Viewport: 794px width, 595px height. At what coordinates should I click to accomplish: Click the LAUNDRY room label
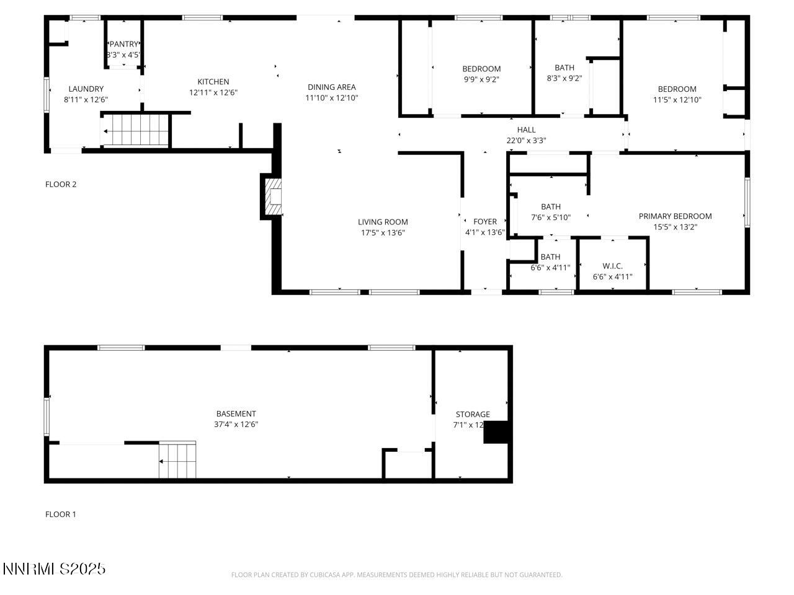coord(86,89)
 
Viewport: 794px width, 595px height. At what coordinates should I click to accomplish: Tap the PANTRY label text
coord(124,44)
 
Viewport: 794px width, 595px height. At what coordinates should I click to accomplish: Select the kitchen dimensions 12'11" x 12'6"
coord(213,92)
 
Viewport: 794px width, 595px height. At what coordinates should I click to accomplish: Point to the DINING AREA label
coord(331,87)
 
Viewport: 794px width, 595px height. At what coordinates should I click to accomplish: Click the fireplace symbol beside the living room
coord(273,196)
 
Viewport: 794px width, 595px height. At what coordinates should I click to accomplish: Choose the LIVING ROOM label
coord(383,222)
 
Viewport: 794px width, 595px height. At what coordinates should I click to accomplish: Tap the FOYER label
coord(484,221)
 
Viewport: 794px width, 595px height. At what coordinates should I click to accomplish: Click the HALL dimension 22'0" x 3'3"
coord(526,140)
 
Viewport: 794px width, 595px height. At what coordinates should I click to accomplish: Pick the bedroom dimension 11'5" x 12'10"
coord(677,99)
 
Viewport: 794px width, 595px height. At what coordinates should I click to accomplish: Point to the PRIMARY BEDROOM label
coord(675,216)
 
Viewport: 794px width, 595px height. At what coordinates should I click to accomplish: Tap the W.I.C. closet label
coord(612,266)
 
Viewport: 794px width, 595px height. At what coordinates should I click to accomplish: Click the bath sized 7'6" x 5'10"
coord(550,212)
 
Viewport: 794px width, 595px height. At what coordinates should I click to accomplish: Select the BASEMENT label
coord(236,413)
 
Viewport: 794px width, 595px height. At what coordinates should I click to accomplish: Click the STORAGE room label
coord(473,414)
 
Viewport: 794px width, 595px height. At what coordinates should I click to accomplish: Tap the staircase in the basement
coord(177,460)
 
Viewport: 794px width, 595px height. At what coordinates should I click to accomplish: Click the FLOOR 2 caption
coord(61,184)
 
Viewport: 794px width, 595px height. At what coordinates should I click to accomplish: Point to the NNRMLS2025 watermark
coord(54,568)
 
